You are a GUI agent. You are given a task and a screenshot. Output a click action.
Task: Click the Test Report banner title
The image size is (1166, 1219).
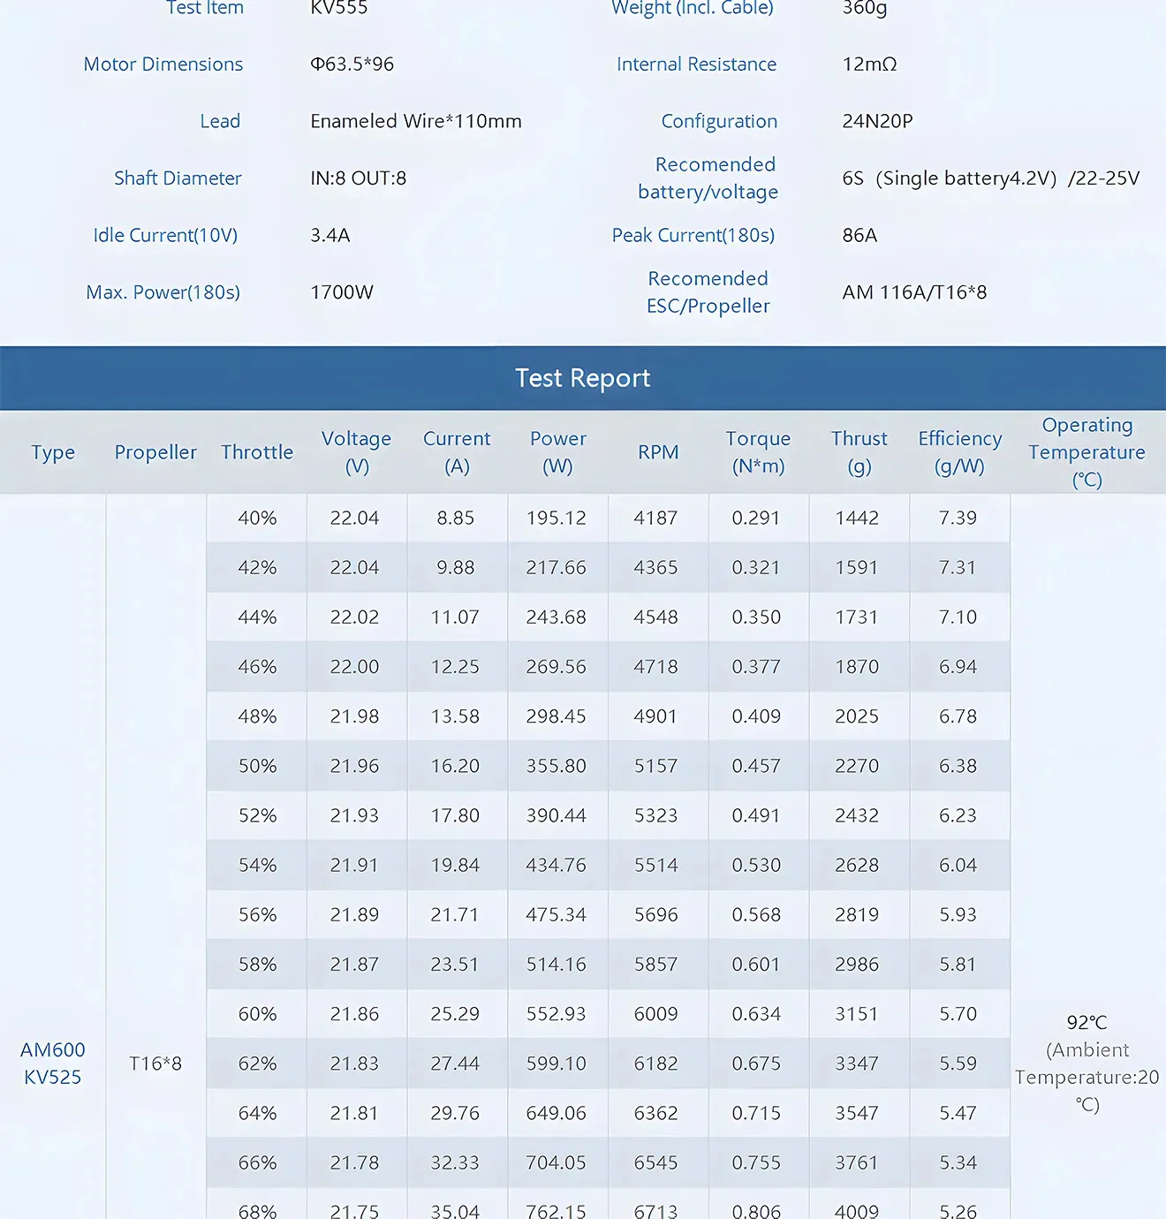tap(583, 378)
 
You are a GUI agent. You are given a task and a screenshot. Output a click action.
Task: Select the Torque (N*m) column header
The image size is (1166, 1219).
tap(758, 452)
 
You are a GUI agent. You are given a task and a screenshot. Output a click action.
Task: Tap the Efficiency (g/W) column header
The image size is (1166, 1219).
tap(959, 452)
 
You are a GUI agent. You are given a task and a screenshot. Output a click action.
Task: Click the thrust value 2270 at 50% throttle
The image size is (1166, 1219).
tap(857, 766)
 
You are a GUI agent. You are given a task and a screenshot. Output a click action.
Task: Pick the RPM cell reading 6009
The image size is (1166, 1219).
tap(655, 1014)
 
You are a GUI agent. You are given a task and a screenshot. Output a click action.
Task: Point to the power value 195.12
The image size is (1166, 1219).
tap(556, 518)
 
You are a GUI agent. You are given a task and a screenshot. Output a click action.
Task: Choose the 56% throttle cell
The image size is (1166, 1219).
tap(257, 915)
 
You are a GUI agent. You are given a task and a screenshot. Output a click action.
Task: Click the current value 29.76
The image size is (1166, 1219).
tap(455, 1113)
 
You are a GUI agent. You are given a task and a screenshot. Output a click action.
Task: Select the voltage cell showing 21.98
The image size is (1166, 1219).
tap(354, 716)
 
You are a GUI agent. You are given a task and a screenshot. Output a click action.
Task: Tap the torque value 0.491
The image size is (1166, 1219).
tap(756, 815)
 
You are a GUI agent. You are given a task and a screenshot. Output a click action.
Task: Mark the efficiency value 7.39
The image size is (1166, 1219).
tap(958, 518)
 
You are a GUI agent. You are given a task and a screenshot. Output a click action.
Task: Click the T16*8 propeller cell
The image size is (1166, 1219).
tap(155, 1064)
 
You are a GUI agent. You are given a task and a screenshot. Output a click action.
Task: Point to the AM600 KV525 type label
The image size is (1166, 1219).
tap(53, 1064)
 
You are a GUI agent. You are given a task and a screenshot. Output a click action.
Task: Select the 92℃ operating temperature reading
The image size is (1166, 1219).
tap(1086, 1023)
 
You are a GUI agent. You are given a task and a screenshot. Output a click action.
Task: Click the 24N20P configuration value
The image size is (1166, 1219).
tap(877, 121)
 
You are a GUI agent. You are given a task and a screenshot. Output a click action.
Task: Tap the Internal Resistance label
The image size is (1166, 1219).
tap(696, 64)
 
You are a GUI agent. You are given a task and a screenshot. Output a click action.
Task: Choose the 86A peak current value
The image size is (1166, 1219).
tap(859, 235)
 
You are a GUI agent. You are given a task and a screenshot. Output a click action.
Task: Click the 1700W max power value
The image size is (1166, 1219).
tap(342, 292)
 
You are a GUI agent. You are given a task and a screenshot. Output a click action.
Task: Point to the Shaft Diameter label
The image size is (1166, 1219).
tap(178, 178)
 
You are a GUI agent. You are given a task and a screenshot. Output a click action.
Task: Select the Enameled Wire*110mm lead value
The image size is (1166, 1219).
tap(416, 121)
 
